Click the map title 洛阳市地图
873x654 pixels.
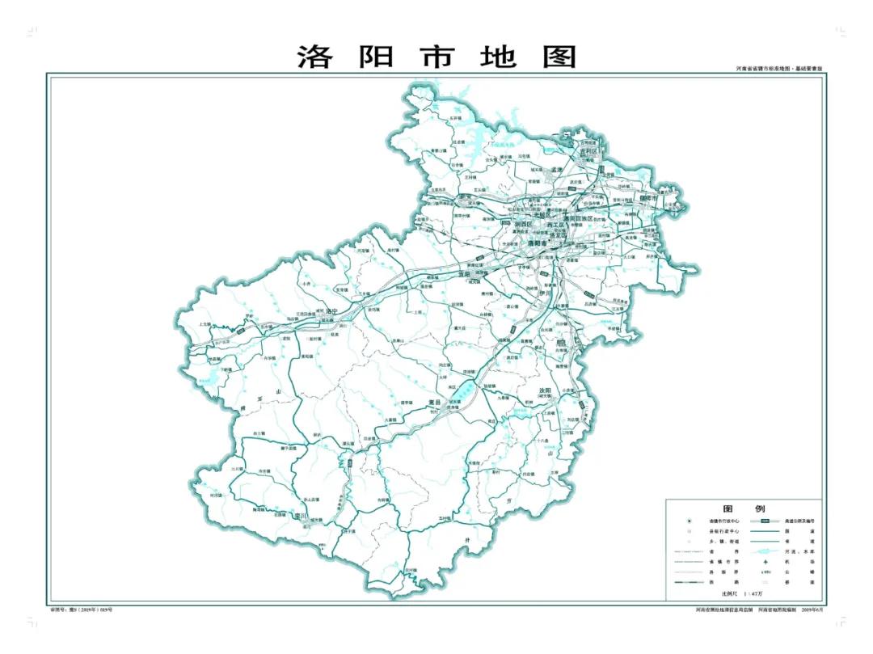tap(436, 57)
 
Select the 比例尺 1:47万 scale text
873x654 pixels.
tap(725, 593)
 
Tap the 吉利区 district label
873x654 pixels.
tap(588, 151)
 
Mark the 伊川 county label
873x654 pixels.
tap(544, 293)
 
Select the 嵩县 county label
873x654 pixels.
tap(434, 402)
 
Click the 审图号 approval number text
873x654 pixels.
tap(81, 609)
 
